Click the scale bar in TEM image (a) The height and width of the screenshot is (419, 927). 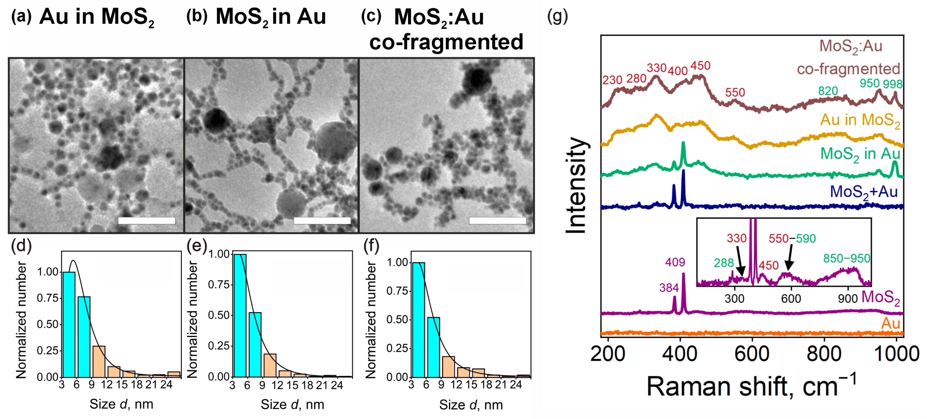[147, 220]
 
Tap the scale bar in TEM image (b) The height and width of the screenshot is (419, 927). [322, 220]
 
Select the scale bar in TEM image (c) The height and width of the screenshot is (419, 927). [497, 220]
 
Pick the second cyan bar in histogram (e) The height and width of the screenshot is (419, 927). [255, 344]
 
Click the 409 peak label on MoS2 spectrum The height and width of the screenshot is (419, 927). [675, 262]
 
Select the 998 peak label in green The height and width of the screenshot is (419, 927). [893, 84]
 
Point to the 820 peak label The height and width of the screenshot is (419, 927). [828, 91]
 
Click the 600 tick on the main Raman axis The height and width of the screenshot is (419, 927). [752, 354]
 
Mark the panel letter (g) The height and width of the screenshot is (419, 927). [557, 17]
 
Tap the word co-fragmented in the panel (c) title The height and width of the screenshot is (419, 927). [446, 42]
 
